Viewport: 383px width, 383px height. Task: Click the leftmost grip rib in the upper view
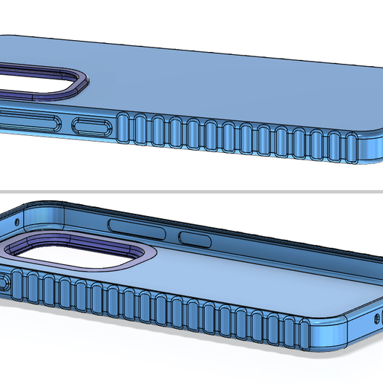[x=123, y=128]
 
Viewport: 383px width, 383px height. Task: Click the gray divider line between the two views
[x=191, y=190]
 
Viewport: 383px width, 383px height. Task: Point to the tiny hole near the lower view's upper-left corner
[x=16, y=221]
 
